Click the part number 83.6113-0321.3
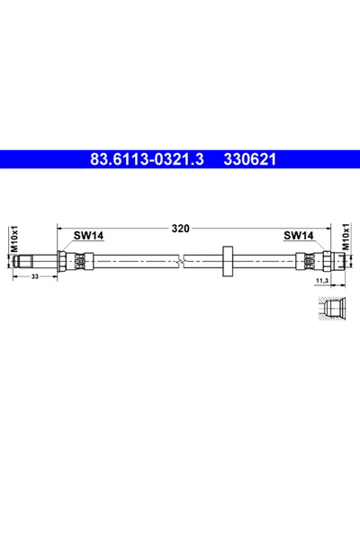click(x=147, y=159)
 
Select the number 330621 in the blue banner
click(x=250, y=159)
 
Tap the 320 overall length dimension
click(x=181, y=229)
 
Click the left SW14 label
click(x=88, y=236)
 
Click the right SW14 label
click(x=299, y=236)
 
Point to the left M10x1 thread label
click(x=14, y=239)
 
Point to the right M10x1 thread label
click(x=346, y=236)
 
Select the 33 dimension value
click(x=35, y=276)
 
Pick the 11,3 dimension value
click(x=321, y=281)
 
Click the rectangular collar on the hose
click(x=228, y=261)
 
